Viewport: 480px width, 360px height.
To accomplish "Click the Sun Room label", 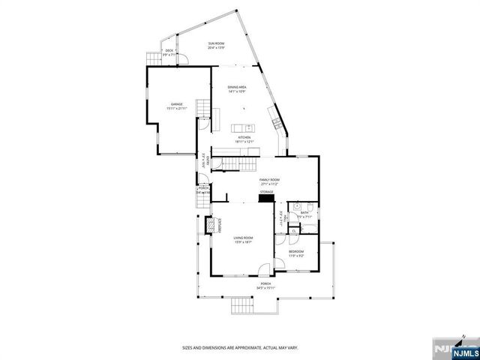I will point(216,46).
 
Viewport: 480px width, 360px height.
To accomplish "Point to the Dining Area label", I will point(238,89).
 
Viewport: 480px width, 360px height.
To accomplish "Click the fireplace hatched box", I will point(211,224).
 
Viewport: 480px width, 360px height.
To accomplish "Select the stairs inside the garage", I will point(203,108).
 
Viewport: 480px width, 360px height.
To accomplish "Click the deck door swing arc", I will point(171,58).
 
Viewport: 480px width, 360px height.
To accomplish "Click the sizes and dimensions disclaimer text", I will point(241,347).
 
